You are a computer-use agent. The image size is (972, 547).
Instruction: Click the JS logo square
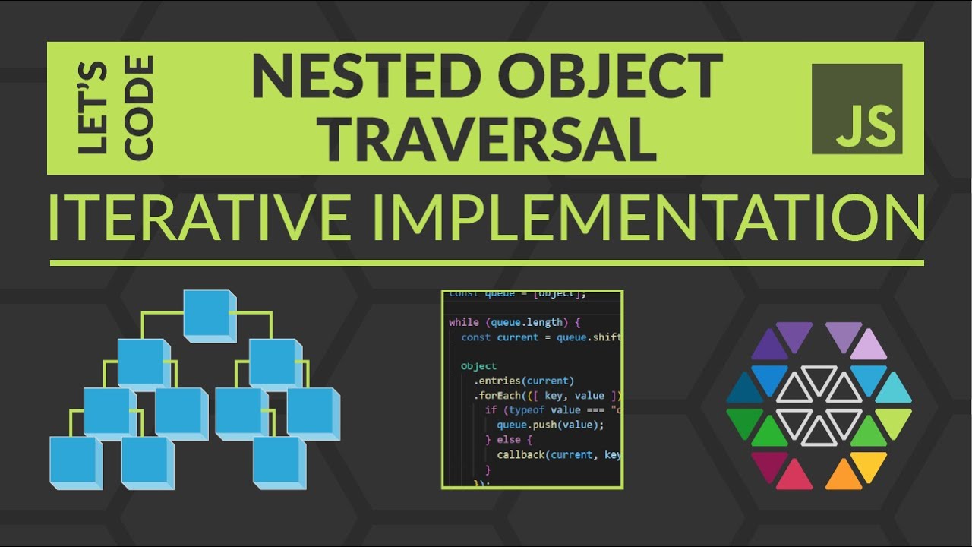point(857,109)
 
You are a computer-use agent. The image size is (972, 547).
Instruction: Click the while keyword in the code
point(464,322)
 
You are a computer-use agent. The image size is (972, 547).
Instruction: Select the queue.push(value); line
point(550,425)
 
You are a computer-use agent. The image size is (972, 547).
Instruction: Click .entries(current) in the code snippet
point(524,381)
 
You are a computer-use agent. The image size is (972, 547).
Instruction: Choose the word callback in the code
point(522,454)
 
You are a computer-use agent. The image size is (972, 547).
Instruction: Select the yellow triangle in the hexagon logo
point(869,464)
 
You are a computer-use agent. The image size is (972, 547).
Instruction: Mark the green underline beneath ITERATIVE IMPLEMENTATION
point(486,263)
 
